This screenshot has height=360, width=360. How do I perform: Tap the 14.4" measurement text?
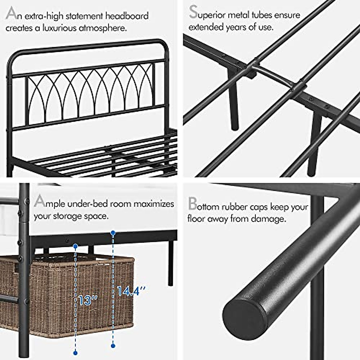pyautogui.click(x=131, y=291)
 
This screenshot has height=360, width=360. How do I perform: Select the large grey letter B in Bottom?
pyautogui.click(x=192, y=204)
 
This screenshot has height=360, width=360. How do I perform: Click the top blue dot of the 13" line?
pyautogui.click(x=76, y=246)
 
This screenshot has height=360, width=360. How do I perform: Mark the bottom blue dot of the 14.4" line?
pyautogui.click(x=113, y=346)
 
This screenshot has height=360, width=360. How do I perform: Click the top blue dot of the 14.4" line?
pyautogui.click(x=113, y=232)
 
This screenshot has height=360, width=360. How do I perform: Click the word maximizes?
pyautogui.click(x=154, y=204)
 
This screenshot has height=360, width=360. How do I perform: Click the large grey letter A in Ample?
pyautogui.click(x=40, y=201)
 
